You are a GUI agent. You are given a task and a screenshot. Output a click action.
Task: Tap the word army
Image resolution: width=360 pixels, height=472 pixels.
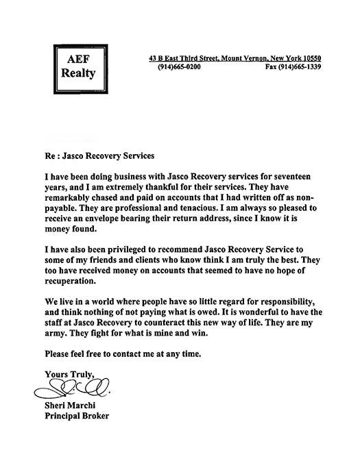coord(57,335)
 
